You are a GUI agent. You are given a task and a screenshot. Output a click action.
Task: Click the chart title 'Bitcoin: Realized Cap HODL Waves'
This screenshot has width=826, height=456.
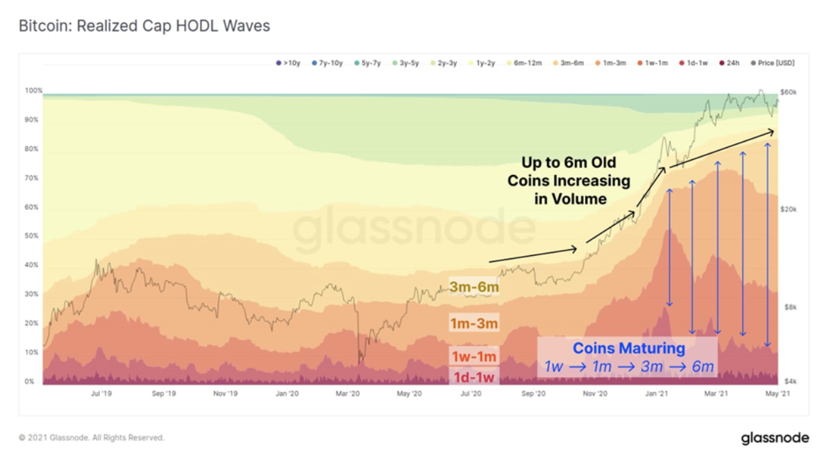[144, 27]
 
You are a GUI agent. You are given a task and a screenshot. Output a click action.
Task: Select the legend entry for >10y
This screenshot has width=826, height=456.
[288, 63]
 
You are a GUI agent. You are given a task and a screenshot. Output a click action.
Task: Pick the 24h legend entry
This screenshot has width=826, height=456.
[729, 63]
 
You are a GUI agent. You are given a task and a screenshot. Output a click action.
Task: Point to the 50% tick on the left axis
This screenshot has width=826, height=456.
[31, 236]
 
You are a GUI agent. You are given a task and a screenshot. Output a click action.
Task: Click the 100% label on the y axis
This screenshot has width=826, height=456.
[33, 91]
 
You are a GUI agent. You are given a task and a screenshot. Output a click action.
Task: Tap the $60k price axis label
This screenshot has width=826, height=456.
[789, 91]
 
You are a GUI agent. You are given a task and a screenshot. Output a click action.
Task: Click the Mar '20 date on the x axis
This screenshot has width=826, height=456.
[348, 394]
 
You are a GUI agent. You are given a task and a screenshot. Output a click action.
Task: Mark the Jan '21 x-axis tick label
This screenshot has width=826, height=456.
[656, 394]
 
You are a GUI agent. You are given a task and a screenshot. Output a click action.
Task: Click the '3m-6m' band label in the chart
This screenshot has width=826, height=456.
[474, 287]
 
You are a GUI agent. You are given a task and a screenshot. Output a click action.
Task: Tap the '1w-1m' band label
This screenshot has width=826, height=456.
[474, 357]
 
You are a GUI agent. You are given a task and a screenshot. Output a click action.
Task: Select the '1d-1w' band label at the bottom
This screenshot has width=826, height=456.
[474, 376]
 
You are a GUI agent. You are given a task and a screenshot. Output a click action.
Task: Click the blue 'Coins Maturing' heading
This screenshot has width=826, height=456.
[628, 348]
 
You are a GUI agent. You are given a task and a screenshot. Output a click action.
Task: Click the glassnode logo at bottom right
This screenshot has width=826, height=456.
[775, 438]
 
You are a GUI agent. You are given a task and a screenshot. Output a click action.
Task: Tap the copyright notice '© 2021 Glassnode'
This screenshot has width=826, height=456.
[91, 438]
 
